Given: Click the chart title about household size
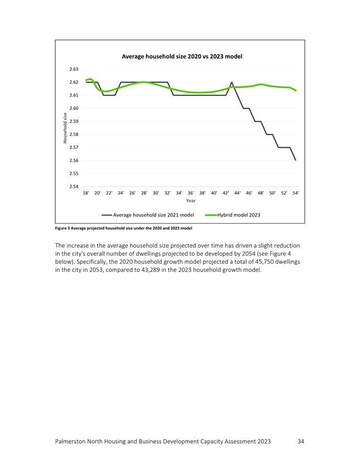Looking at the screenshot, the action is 182,56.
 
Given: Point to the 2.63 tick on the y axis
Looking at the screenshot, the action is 74,69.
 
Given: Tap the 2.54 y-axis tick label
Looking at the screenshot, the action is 74,187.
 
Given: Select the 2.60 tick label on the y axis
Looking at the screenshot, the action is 74,108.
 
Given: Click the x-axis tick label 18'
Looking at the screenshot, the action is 86,193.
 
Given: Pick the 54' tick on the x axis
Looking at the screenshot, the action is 296,193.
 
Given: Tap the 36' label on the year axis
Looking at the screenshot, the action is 191,193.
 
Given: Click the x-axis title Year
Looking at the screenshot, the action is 191,201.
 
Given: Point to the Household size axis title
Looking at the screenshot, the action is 65,128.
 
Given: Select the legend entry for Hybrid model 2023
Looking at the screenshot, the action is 233,215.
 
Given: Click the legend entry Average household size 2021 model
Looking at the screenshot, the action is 148,215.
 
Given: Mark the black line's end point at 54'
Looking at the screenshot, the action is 296,160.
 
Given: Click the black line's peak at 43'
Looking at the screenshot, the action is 232,82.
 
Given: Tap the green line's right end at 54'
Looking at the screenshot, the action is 296,90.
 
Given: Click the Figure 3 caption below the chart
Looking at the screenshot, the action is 123,229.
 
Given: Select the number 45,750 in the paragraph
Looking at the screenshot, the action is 265,262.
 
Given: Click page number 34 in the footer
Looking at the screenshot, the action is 301,442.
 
